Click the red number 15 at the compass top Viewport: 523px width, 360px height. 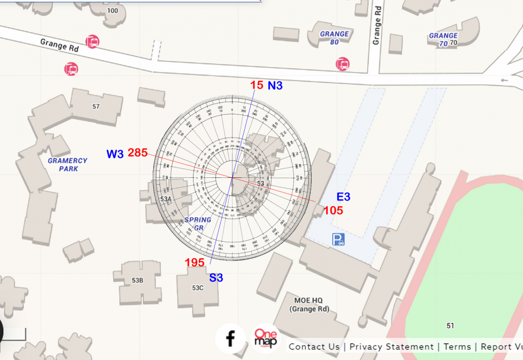(256, 85)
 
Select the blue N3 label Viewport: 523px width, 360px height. (275, 85)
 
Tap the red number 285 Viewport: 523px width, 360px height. (138, 153)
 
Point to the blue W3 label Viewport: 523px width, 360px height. (115, 154)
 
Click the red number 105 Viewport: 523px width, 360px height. (333, 210)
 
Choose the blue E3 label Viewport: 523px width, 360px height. (343, 197)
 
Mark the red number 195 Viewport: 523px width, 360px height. (195, 263)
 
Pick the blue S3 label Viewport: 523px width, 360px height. (216, 278)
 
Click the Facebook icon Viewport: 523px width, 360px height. (230, 339)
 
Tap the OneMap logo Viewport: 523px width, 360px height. (266, 339)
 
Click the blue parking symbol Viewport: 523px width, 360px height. (338, 240)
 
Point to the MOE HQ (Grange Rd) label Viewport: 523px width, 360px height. (309, 305)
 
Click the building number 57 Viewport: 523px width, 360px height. (96, 107)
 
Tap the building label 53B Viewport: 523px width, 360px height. (138, 280)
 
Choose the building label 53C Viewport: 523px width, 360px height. (197, 288)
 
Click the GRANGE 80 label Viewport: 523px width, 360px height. (334, 38)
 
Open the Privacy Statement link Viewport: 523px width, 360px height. (391, 346)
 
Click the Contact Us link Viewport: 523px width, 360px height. (314, 346)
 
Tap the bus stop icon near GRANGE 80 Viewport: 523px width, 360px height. (343, 64)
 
